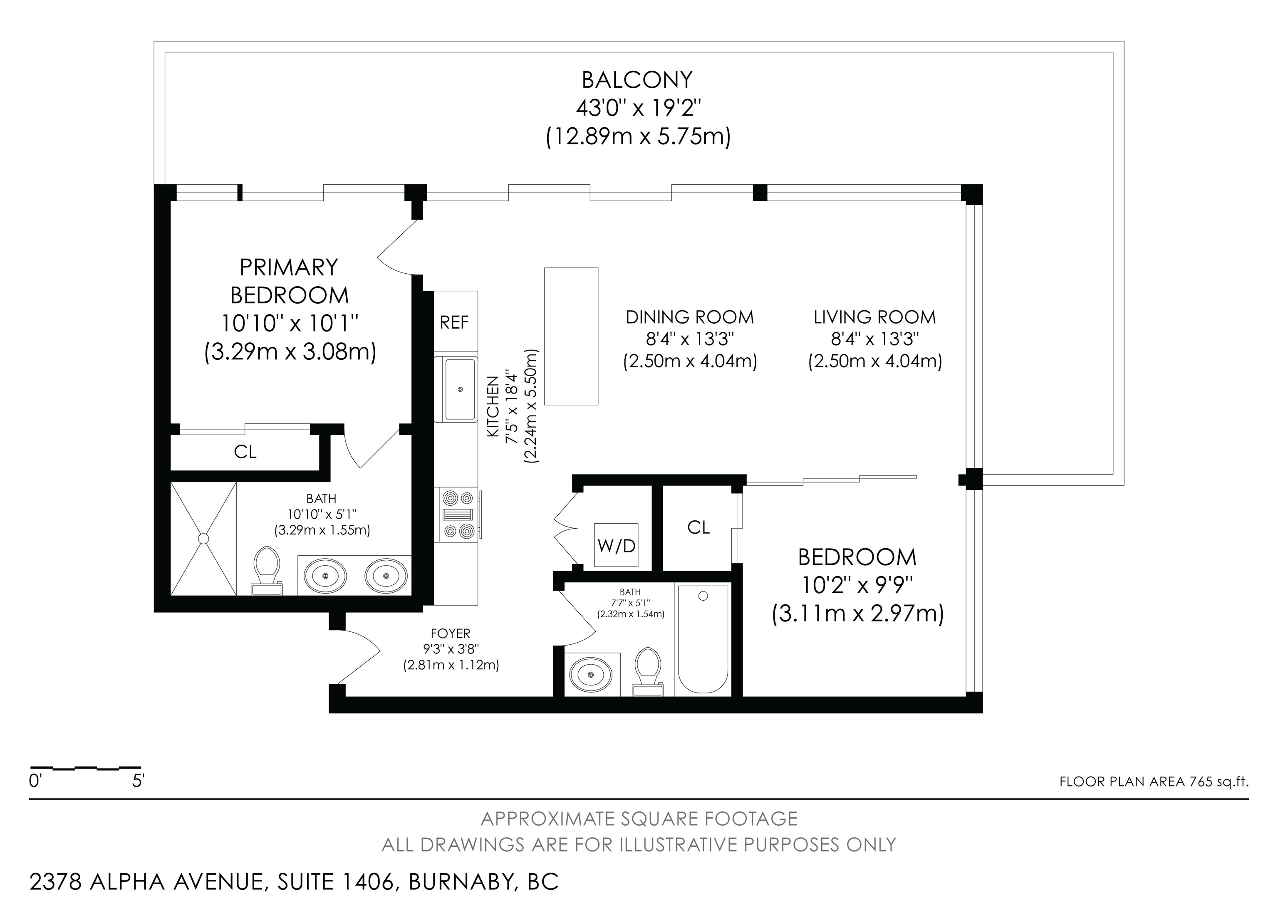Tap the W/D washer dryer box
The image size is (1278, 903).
[x=616, y=545]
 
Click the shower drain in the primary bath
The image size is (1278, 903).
[x=203, y=539]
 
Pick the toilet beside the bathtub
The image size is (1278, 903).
[x=648, y=671]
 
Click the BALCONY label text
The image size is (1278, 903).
[x=637, y=80]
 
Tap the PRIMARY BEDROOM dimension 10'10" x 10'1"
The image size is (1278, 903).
[x=290, y=323]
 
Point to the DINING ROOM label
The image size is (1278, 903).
[x=690, y=317]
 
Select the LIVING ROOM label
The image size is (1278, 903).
[x=874, y=317]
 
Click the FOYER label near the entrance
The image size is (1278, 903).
[x=450, y=633]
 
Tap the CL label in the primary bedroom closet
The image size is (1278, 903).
[x=245, y=452]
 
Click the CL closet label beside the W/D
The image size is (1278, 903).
[x=698, y=527]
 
